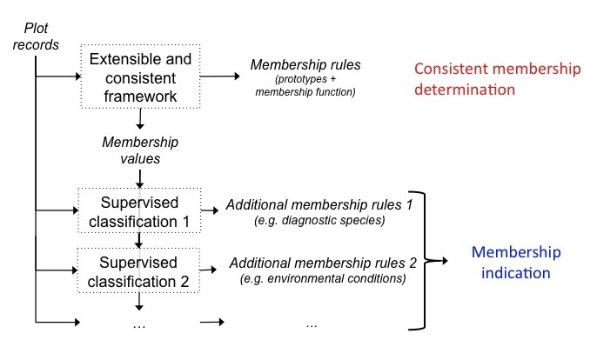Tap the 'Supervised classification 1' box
pyautogui.click(x=138, y=211)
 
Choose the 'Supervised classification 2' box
pyautogui.click(x=138, y=270)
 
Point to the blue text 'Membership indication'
pyautogui.click(x=512, y=262)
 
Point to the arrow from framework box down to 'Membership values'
pyautogui.click(x=138, y=123)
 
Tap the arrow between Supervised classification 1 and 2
pyautogui.click(x=138, y=241)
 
